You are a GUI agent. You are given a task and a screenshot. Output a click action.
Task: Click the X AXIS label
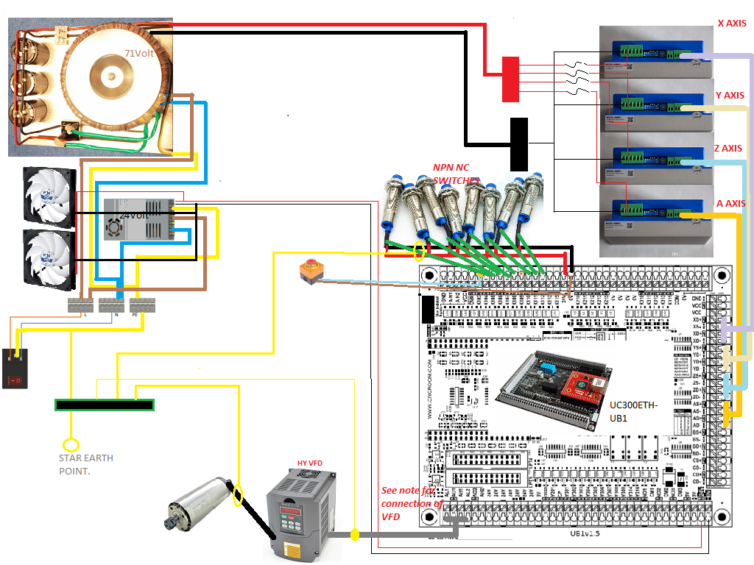coord(731,24)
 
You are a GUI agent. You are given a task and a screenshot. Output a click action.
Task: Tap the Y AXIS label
coord(729,96)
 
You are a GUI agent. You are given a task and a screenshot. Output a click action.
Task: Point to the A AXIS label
coord(730,204)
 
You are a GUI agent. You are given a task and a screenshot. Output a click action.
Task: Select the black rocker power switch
coord(15,369)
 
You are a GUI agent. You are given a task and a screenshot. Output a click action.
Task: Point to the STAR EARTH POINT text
coord(85,464)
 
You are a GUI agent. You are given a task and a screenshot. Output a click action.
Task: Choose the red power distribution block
coord(510,79)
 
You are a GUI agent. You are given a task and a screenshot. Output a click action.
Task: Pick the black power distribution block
coord(518,143)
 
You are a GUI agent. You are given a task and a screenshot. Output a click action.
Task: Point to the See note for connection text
coord(412,503)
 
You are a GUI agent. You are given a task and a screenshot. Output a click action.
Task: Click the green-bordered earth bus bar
coord(104,405)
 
